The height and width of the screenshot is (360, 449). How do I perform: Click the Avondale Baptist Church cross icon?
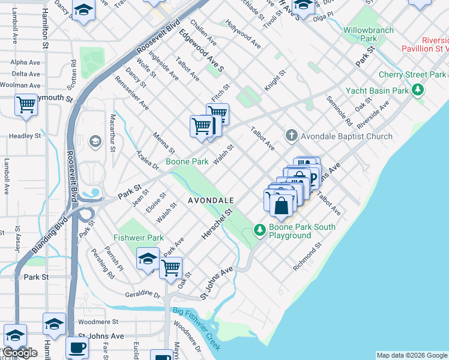(x=292, y=136)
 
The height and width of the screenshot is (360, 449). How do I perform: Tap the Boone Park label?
(x=187, y=162)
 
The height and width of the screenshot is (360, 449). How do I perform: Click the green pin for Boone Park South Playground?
(x=259, y=229)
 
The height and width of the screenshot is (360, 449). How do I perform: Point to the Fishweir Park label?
(x=139, y=238)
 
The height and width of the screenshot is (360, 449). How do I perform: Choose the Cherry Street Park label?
(x=412, y=75)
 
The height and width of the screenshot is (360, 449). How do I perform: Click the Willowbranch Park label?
(x=369, y=34)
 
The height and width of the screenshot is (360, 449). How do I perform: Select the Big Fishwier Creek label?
(x=197, y=329)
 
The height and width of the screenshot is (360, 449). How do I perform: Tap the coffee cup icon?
(x=76, y=348)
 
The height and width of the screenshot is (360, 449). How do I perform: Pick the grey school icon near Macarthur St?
(x=94, y=142)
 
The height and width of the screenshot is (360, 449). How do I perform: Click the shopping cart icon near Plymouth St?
(x=26, y=105)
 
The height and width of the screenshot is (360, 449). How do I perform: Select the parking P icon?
(x=313, y=177)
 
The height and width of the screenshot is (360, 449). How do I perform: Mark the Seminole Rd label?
(x=340, y=110)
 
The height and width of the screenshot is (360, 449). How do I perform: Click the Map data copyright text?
(x=412, y=355)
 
